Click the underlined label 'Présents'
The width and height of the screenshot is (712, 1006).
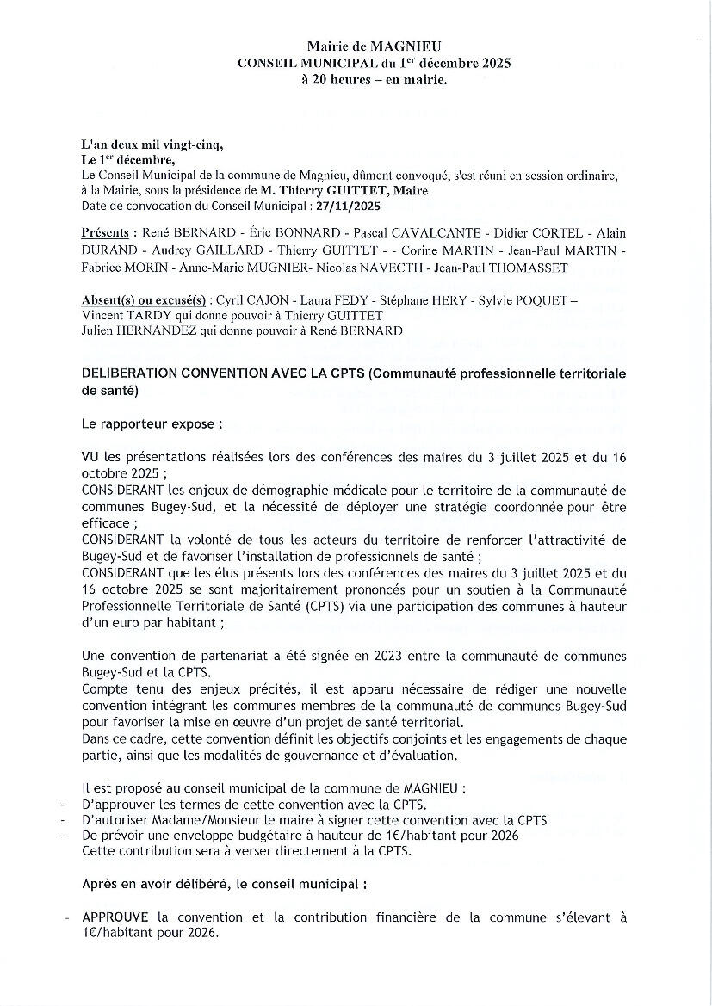click(107, 233)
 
